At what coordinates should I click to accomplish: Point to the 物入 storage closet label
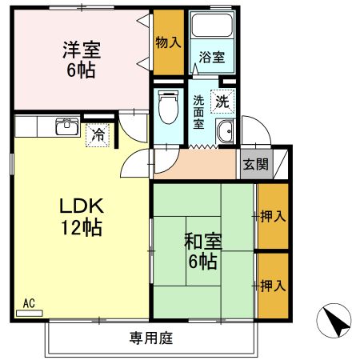point(166,41)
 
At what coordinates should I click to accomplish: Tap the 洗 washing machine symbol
point(221,101)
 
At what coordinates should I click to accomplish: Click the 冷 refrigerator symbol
point(97,135)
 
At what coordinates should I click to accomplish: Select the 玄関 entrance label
point(256,166)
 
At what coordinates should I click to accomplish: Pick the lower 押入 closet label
point(272,284)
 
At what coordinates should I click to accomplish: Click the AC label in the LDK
point(28,303)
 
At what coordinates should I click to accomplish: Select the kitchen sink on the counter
point(65,127)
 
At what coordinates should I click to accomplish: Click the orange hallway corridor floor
point(200,165)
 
